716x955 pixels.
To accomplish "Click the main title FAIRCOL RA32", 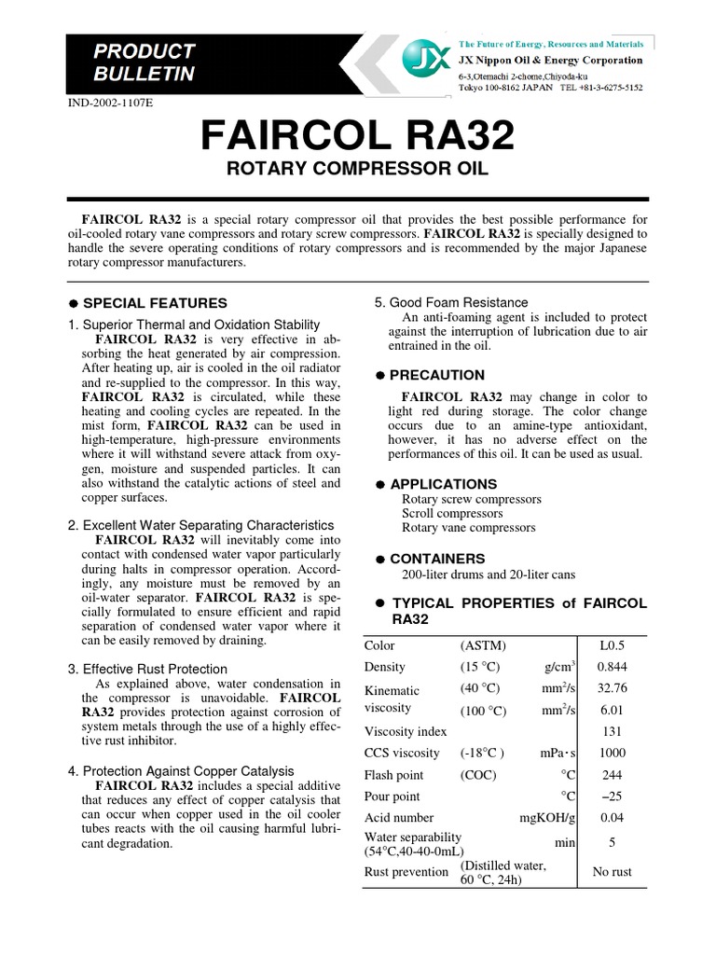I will [358, 138].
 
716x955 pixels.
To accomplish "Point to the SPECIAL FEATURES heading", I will [155, 303].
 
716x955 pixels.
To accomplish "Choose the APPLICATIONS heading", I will [443, 484].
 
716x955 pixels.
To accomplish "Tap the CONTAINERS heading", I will [437, 558].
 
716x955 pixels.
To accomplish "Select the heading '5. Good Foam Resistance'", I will [451, 302].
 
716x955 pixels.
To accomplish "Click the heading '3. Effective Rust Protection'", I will [147, 669].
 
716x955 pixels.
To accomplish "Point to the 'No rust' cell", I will [612, 873].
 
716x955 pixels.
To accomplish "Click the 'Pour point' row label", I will [392, 796].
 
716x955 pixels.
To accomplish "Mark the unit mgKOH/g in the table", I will [548, 818].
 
